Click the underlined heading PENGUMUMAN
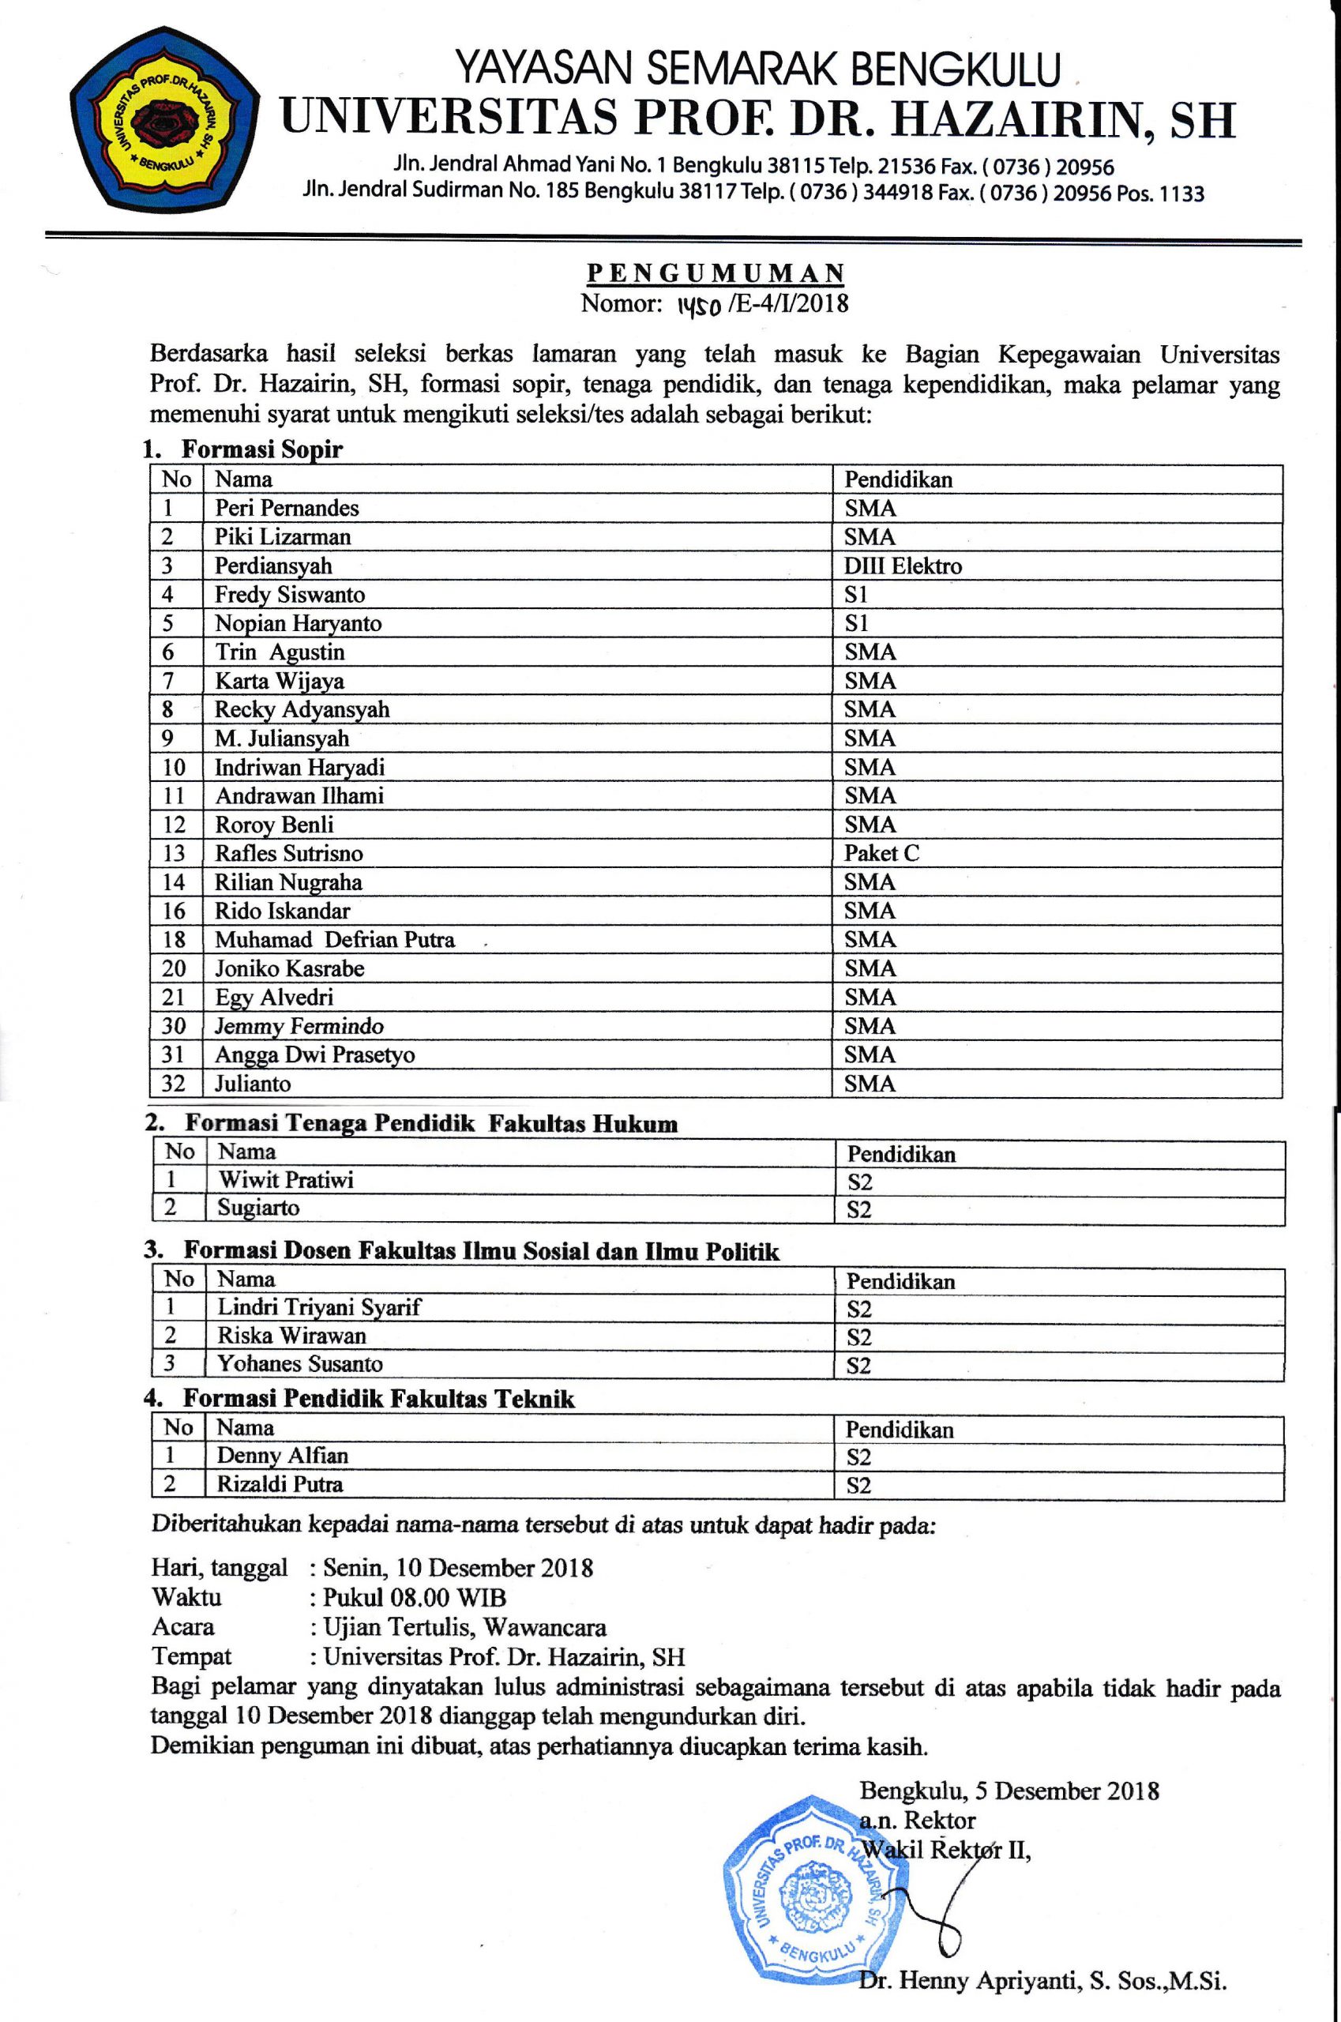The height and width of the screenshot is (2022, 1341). (715, 272)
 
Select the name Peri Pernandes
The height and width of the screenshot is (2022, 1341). (287, 508)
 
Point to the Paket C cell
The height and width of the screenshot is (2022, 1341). (881, 854)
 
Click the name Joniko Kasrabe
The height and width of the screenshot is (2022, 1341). (289, 969)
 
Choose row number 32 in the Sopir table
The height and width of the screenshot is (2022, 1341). (174, 1084)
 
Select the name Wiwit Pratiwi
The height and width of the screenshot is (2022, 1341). (286, 1180)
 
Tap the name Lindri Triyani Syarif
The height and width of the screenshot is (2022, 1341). (319, 1307)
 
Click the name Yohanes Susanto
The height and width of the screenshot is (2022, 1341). (299, 1363)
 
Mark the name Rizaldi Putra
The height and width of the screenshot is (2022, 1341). (280, 1484)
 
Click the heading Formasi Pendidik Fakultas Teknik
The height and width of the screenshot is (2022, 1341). (378, 1400)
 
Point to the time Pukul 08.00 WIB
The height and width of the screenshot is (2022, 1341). (414, 1597)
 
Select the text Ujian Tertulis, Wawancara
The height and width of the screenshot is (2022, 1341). (464, 1627)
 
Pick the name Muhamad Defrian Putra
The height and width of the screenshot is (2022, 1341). (334, 940)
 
